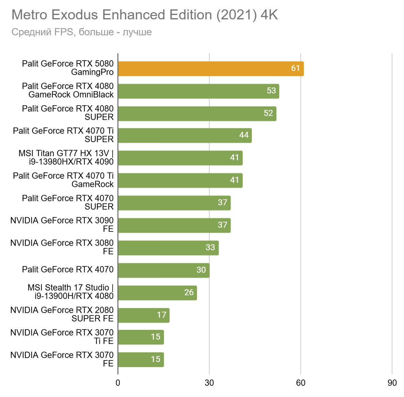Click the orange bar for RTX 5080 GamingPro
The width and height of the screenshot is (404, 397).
click(x=211, y=69)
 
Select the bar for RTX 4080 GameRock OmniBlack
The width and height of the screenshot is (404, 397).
click(x=198, y=91)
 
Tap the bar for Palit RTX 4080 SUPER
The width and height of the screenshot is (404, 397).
click(x=197, y=114)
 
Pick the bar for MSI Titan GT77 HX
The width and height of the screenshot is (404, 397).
click(x=180, y=158)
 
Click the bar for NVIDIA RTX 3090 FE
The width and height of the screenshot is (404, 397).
click(x=174, y=225)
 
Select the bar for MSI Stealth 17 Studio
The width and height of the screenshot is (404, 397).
click(x=157, y=293)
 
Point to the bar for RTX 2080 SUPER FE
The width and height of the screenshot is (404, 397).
click(x=143, y=315)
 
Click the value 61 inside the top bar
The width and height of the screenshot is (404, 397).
click(x=295, y=68)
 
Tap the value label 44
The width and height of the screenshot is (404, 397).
click(x=244, y=135)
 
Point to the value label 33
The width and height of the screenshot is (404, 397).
click(x=210, y=248)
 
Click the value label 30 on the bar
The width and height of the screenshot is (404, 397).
click(x=201, y=270)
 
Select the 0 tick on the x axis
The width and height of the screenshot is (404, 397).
click(x=118, y=383)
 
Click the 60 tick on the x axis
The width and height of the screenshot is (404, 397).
click(x=301, y=383)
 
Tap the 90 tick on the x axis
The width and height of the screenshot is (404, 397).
click(x=392, y=383)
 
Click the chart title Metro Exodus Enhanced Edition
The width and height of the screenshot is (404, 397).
click(x=145, y=15)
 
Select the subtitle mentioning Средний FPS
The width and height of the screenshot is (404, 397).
click(x=82, y=32)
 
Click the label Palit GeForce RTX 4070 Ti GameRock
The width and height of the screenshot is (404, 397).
click(x=63, y=180)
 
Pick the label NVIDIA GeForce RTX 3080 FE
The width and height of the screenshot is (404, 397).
click(x=62, y=247)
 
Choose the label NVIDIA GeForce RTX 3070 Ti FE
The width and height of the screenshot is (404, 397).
click(x=62, y=337)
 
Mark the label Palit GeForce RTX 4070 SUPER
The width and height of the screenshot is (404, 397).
click(x=67, y=203)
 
